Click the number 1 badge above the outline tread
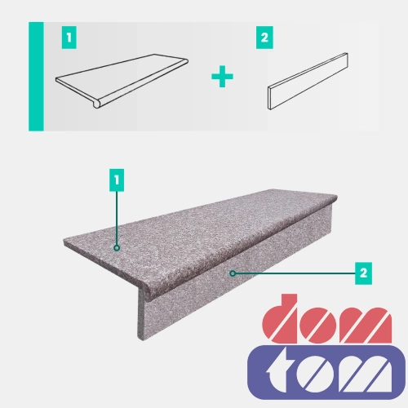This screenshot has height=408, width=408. [x=69, y=38]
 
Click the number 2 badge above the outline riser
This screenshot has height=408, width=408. [x=264, y=38]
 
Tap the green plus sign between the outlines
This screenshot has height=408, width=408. [x=222, y=77]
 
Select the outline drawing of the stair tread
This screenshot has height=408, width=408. [x=122, y=81]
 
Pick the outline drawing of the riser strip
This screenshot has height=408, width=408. [x=308, y=81]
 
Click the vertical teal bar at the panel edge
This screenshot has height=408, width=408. [x=36, y=77]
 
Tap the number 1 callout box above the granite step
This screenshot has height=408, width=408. [x=117, y=180]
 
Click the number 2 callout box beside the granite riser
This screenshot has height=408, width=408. [x=363, y=273]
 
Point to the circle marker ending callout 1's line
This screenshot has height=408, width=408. [x=117, y=248]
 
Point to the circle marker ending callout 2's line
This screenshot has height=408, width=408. [x=233, y=273]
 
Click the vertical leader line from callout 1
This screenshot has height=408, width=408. [x=117, y=218]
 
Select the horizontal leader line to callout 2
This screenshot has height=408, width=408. [x=295, y=273]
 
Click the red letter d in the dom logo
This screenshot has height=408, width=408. [x=280, y=319]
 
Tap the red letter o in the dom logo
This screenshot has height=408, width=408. [x=317, y=326]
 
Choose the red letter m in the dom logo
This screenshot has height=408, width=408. [x=365, y=326]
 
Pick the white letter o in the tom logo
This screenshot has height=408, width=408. [x=313, y=374]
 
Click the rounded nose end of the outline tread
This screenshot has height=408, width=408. [x=96, y=104]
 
